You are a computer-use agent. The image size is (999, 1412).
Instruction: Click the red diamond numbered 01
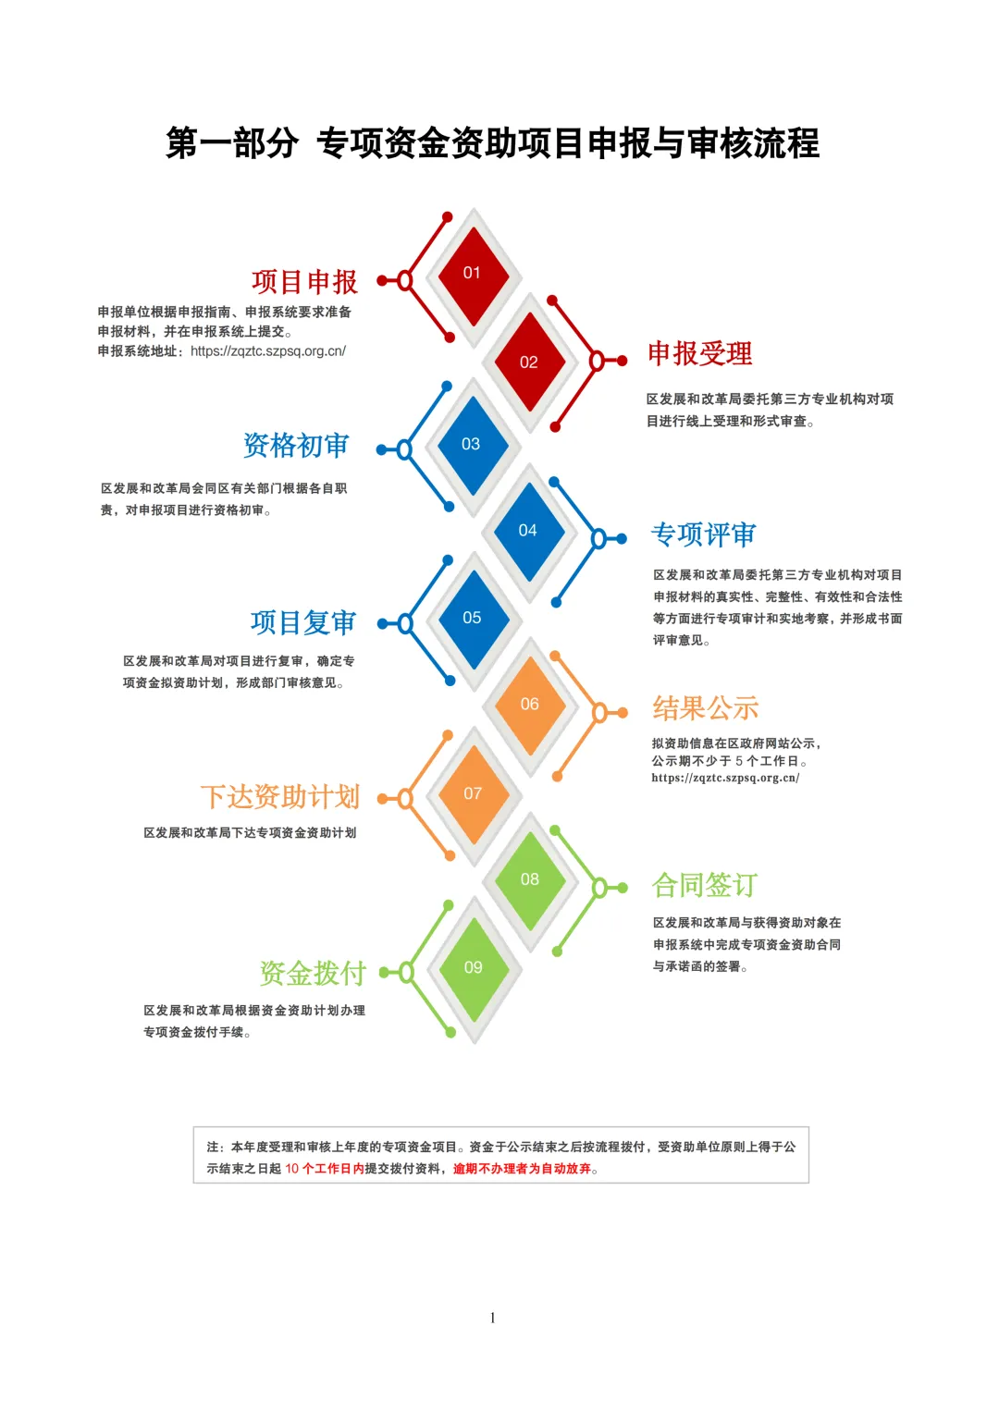click(473, 276)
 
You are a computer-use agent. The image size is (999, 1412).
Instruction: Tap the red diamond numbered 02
click(529, 362)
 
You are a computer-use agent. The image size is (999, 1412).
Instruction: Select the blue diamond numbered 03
click(473, 445)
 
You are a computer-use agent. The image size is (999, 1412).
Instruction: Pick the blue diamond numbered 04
click(528, 532)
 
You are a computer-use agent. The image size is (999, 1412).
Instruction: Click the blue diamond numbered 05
click(473, 619)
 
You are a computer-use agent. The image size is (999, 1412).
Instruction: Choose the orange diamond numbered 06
click(530, 706)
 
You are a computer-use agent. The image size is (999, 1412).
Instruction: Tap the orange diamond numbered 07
click(474, 794)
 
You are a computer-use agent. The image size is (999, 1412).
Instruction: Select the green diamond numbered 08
click(530, 880)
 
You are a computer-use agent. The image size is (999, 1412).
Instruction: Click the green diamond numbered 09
click(474, 969)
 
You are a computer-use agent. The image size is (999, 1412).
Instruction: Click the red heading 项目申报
click(304, 282)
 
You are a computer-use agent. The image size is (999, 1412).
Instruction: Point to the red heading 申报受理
click(700, 353)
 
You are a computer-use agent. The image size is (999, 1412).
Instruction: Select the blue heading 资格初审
click(296, 446)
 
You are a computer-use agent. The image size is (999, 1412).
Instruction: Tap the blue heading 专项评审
click(703, 534)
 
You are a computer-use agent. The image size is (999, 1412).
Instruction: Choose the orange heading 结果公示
click(705, 708)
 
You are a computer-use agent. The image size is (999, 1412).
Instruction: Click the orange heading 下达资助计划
click(280, 797)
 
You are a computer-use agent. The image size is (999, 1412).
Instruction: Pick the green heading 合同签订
click(705, 885)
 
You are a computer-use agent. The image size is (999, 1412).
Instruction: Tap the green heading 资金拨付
click(313, 974)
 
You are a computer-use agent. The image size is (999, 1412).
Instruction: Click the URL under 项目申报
click(268, 351)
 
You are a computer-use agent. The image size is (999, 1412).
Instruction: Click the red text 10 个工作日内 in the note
click(325, 1168)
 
